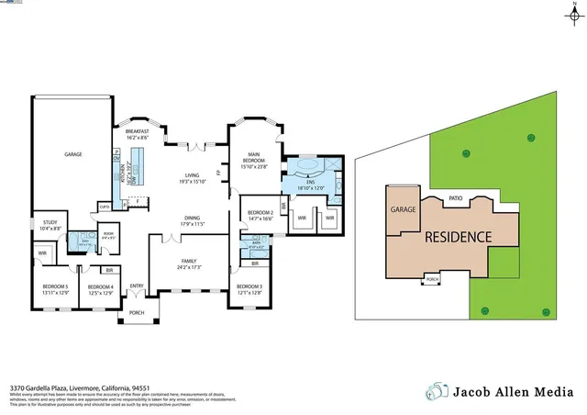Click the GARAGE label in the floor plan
pos(72,154)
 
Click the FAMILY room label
pos(189,264)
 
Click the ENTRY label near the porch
pos(137,286)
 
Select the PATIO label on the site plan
pos(455,197)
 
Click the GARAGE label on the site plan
pos(404,209)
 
